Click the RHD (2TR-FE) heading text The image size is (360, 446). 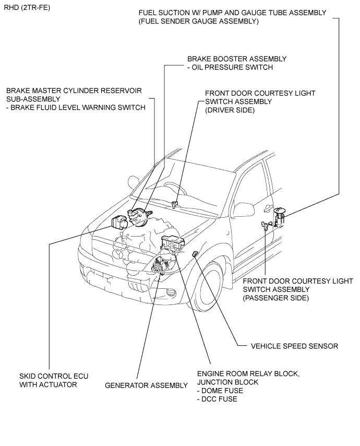pos(27,8)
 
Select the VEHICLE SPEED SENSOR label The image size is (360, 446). pos(294,346)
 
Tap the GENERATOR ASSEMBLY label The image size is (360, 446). pos(146,385)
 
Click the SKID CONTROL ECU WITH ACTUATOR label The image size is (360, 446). pos(54,380)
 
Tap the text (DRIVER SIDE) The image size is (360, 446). pos(230,110)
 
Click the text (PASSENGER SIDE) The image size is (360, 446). pos(275,298)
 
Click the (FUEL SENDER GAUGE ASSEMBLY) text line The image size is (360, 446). pos(199,21)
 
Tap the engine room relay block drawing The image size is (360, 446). pos(173,243)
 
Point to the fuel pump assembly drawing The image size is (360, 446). pos(279,218)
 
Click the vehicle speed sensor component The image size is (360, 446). pos(195,254)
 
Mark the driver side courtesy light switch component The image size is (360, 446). pos(175,204)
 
